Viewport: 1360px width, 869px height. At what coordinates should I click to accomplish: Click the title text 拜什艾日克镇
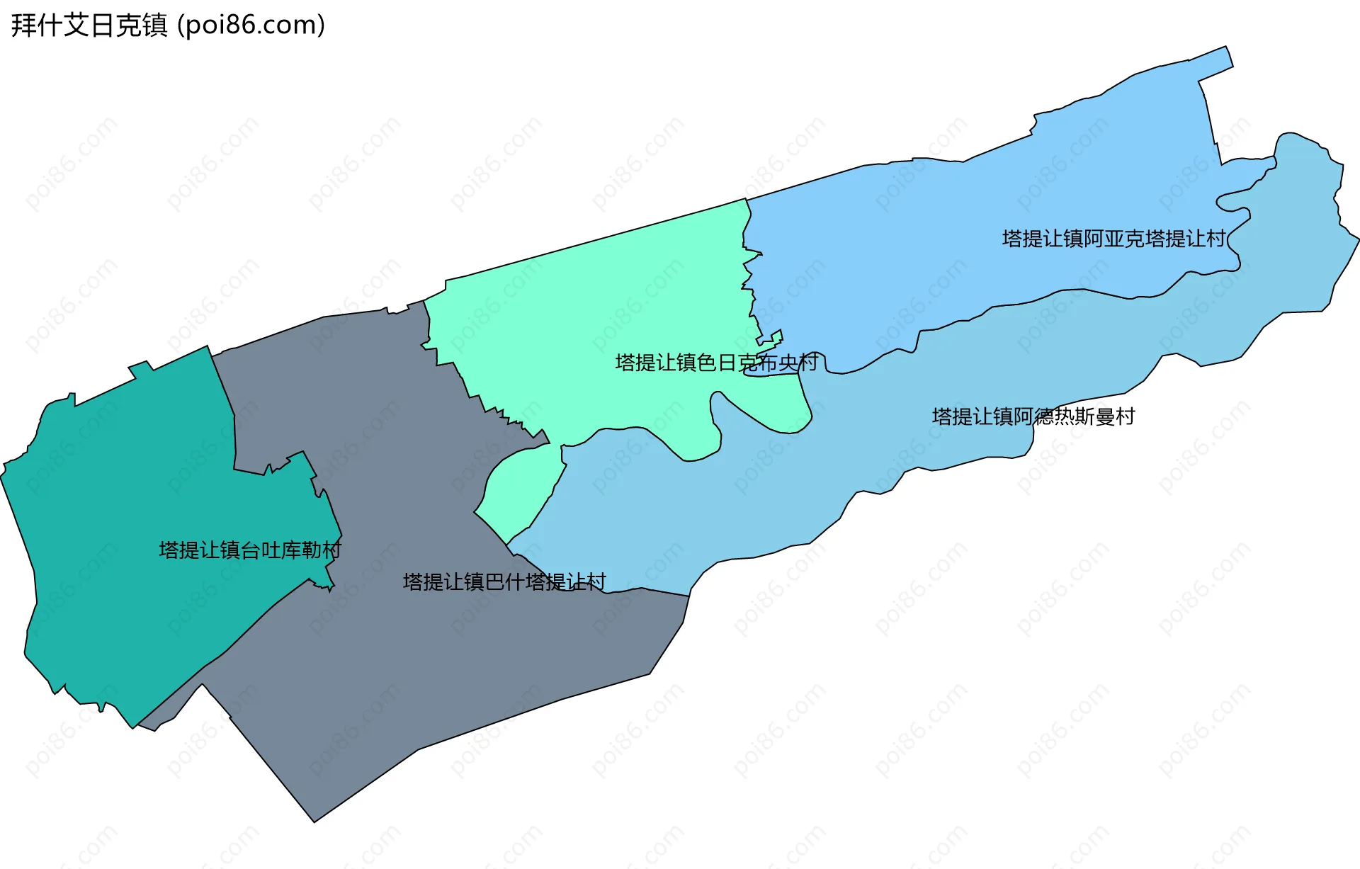[x=89, y=25]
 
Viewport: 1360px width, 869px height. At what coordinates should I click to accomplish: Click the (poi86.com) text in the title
[x=251, y=25]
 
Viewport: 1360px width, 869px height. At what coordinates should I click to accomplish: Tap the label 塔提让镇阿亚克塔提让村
[x=1113, y=239]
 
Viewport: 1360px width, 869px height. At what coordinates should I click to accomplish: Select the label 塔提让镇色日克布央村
[x=716, y=363]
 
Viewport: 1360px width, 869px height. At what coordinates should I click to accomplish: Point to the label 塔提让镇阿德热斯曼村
[x=1033, y=416]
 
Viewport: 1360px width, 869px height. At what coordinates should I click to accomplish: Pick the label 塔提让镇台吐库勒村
[x=250, y=550]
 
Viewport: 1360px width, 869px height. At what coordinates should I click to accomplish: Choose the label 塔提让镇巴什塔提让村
[x=504, y=582]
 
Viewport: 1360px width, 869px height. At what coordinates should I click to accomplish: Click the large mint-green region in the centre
[x=602, y=319]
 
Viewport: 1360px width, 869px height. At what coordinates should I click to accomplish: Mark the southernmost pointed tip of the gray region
[x=315, y=820]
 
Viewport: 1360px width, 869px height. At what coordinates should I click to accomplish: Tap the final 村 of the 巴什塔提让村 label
[x=596, y=582]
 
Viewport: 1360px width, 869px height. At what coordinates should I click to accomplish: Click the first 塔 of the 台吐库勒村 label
[x=169, y=550]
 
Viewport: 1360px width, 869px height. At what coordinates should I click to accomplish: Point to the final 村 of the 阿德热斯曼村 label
[x=1125, y=416]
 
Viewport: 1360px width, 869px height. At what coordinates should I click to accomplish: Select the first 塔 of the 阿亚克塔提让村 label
[x=1012, y=239]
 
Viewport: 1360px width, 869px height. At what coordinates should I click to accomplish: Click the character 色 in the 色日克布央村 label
[x=707, y=363]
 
